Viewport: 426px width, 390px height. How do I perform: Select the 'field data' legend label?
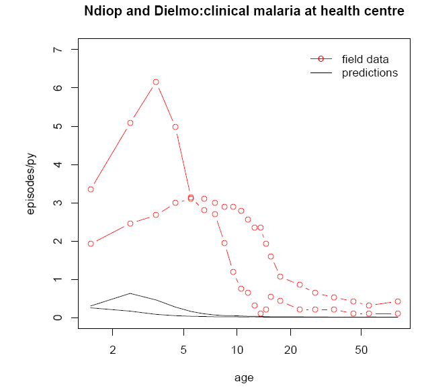tap(365, 59)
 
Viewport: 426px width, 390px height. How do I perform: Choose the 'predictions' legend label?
tap(370, 72)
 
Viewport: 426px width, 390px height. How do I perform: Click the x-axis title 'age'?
tap(244, 377)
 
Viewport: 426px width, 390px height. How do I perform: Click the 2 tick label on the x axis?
tap(113, 350)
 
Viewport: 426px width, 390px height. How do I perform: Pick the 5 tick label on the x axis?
tap(183, 350)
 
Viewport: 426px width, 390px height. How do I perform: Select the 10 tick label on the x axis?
tap(237, 350)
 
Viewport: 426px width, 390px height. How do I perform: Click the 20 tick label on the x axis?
tap(290, 350)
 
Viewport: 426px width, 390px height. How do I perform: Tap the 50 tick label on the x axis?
tap(361, 350)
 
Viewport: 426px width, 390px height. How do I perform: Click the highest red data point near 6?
tap(156, 82)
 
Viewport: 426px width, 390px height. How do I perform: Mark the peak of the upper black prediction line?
tap(130, 293)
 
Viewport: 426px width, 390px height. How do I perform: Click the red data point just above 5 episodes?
tap(130, 123)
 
